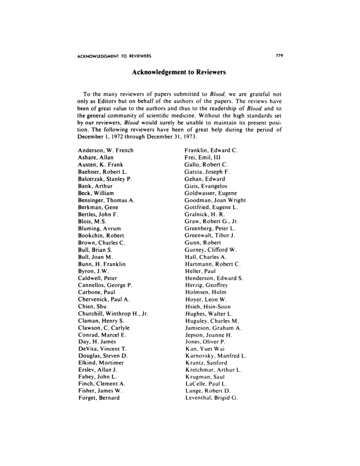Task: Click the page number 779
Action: pos(279,56)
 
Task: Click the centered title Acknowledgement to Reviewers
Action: pos(179,73)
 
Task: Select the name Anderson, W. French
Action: pos(105,151)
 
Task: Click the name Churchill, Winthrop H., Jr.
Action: pos(113,314)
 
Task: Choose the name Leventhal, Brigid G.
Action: pos(211,398)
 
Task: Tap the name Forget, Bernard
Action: pos(99,398)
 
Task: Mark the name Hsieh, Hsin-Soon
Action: pos(207,307)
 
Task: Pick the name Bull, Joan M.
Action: pos(96,257)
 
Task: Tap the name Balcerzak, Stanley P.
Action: pos(105,179)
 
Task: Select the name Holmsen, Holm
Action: pos(205,292)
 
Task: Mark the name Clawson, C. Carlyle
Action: pos(104,328)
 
